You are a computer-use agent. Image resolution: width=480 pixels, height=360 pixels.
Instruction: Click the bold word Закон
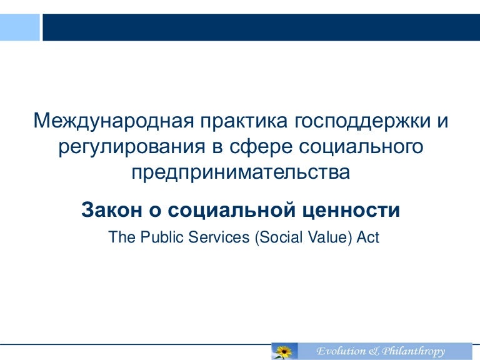click(x=111, y=211)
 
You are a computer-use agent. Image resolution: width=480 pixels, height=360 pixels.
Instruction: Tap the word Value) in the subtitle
click(x=328, y=237)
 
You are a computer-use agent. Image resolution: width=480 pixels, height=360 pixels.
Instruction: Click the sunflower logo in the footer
click(x=283, y=351)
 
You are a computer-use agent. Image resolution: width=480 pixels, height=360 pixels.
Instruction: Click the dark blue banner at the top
click(x=259, y=21)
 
